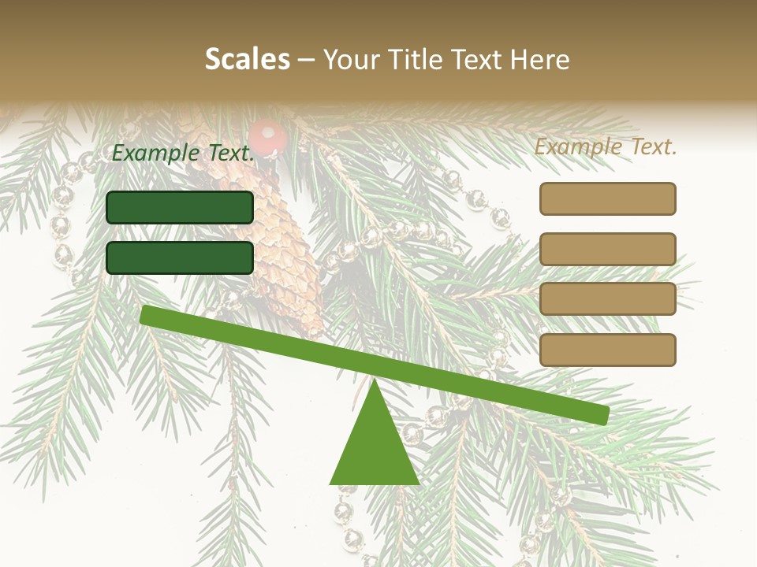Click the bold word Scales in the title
(248, 59)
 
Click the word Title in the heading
(411, 59)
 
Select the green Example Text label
(183, 154)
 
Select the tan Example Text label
(606, 146)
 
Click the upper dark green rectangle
(180, 207)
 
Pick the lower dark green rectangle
(180, 258)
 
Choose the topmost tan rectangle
(607, 198)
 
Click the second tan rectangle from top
(607, 249)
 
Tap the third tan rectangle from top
(607, 298)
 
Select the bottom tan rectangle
(607, 350)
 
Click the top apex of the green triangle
(375, 383)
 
